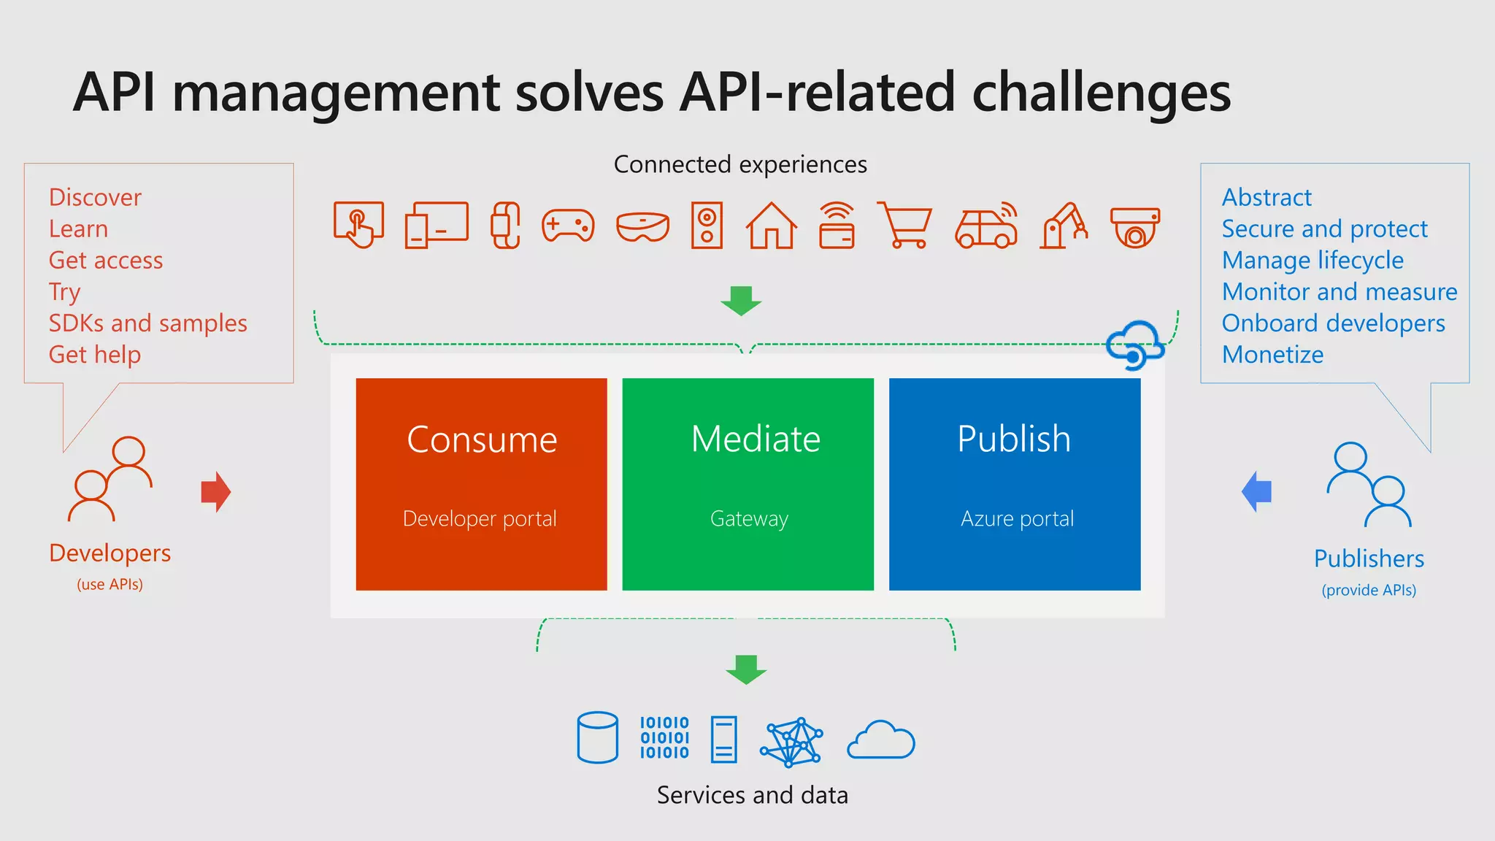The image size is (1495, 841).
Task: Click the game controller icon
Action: tap(568, 226)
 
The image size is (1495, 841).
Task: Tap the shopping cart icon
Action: tap(904, 225)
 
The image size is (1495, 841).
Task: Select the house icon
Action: tap(771, 226)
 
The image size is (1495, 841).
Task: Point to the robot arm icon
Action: tap(1064, 226)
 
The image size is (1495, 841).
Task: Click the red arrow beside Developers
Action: tap(216, 492)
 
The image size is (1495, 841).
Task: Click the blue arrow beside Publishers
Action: tap(1257, 491)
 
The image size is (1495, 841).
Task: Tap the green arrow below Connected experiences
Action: tap(741, 300)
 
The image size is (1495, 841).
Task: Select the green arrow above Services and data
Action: tap(746, 669)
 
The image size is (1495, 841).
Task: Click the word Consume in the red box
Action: tap(482, 439)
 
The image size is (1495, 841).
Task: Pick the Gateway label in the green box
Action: tap(749, 519)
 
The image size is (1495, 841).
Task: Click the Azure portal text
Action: tap(1017, 519)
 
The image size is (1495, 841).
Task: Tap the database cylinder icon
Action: tap(598, 737)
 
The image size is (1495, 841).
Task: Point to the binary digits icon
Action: tap(664, 737)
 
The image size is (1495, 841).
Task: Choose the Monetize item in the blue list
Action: tap(1272, 355)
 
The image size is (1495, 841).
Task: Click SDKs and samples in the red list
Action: tap(148, 323)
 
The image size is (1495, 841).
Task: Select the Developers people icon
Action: tap(110, 479)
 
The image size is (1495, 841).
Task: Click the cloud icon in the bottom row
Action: tap(881, 740)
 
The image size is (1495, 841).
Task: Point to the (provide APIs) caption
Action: tap(1369, 590)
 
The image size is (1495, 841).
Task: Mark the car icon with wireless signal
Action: tap(986, 226)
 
